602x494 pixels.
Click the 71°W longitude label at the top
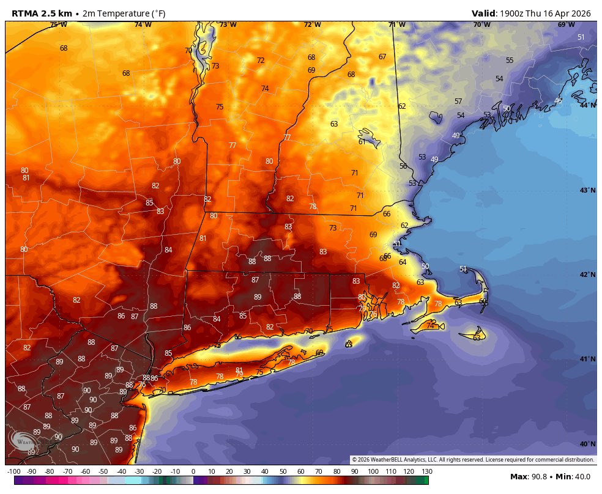point(396,24)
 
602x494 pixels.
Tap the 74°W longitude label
point(143,24)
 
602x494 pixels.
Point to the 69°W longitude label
point(566,24)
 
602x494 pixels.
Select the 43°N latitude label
point(587,190)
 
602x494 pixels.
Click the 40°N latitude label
point(587,444)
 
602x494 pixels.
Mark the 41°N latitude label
point(587,359)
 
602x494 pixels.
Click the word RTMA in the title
point(26,13)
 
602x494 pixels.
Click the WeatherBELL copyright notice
point(473,460)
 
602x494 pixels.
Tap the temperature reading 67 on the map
point(382,57)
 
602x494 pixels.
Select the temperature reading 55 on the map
point(510,61)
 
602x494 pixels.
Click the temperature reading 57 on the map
point(458,101)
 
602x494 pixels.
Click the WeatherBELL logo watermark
point(23,441)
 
